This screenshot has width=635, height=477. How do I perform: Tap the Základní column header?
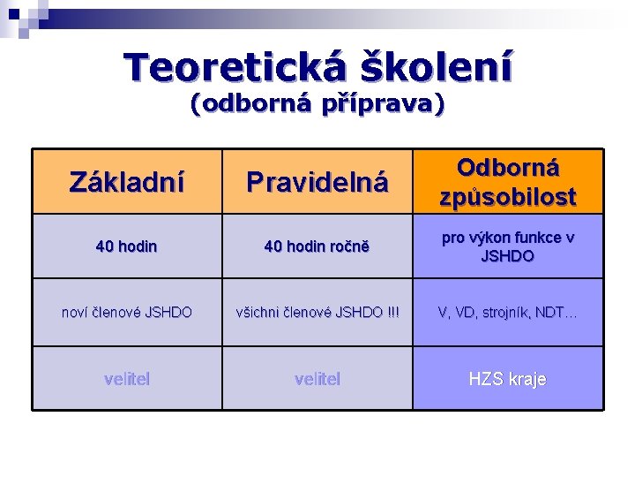pyautogui.click(x=127, y=182)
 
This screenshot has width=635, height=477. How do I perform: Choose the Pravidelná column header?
pyautogui.click(x=317, y=182)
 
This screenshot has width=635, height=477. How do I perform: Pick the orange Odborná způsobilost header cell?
pyautogui.click(x=508, y=182)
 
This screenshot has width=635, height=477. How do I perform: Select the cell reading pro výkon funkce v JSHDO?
pyautogui.click(x=508, y=246)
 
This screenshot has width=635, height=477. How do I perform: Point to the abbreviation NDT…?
pyautogui.click(x=560, y=312)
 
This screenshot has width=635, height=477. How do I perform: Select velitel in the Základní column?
pyautogui.click(x=127, y=379)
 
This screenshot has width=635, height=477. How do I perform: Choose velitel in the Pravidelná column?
pyautogui.click(x=317, y=379)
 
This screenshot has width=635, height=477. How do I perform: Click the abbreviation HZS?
pyautogui.click(x=486, y=379)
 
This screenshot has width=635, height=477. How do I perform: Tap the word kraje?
pyautogui.click(x=527, y=379)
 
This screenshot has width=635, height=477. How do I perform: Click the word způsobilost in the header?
pyautogui.click(x=508, y=196)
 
